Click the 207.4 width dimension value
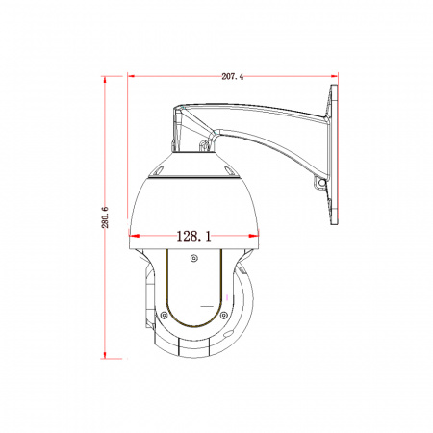pyautogui.click(x=233, y=76)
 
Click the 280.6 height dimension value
pyautogui.click(x=105, y=217)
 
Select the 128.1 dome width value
pyautogui.click(x=193, y=237)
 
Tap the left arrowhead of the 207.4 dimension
pyautogui.click(x=133, y=76)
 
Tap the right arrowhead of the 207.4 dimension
pyautogui.click(x=334, y=76)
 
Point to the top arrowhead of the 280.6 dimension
pyautogui.click(x=105, y=81)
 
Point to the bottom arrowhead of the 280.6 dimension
pyautogui.click(x=105, y=354)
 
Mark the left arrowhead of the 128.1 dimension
pyautogui.click(x=134, y=236)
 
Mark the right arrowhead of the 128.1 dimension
pyautogui.click(x=254, y=236)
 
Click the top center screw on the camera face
pyautogui.click(x=193, y=258)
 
